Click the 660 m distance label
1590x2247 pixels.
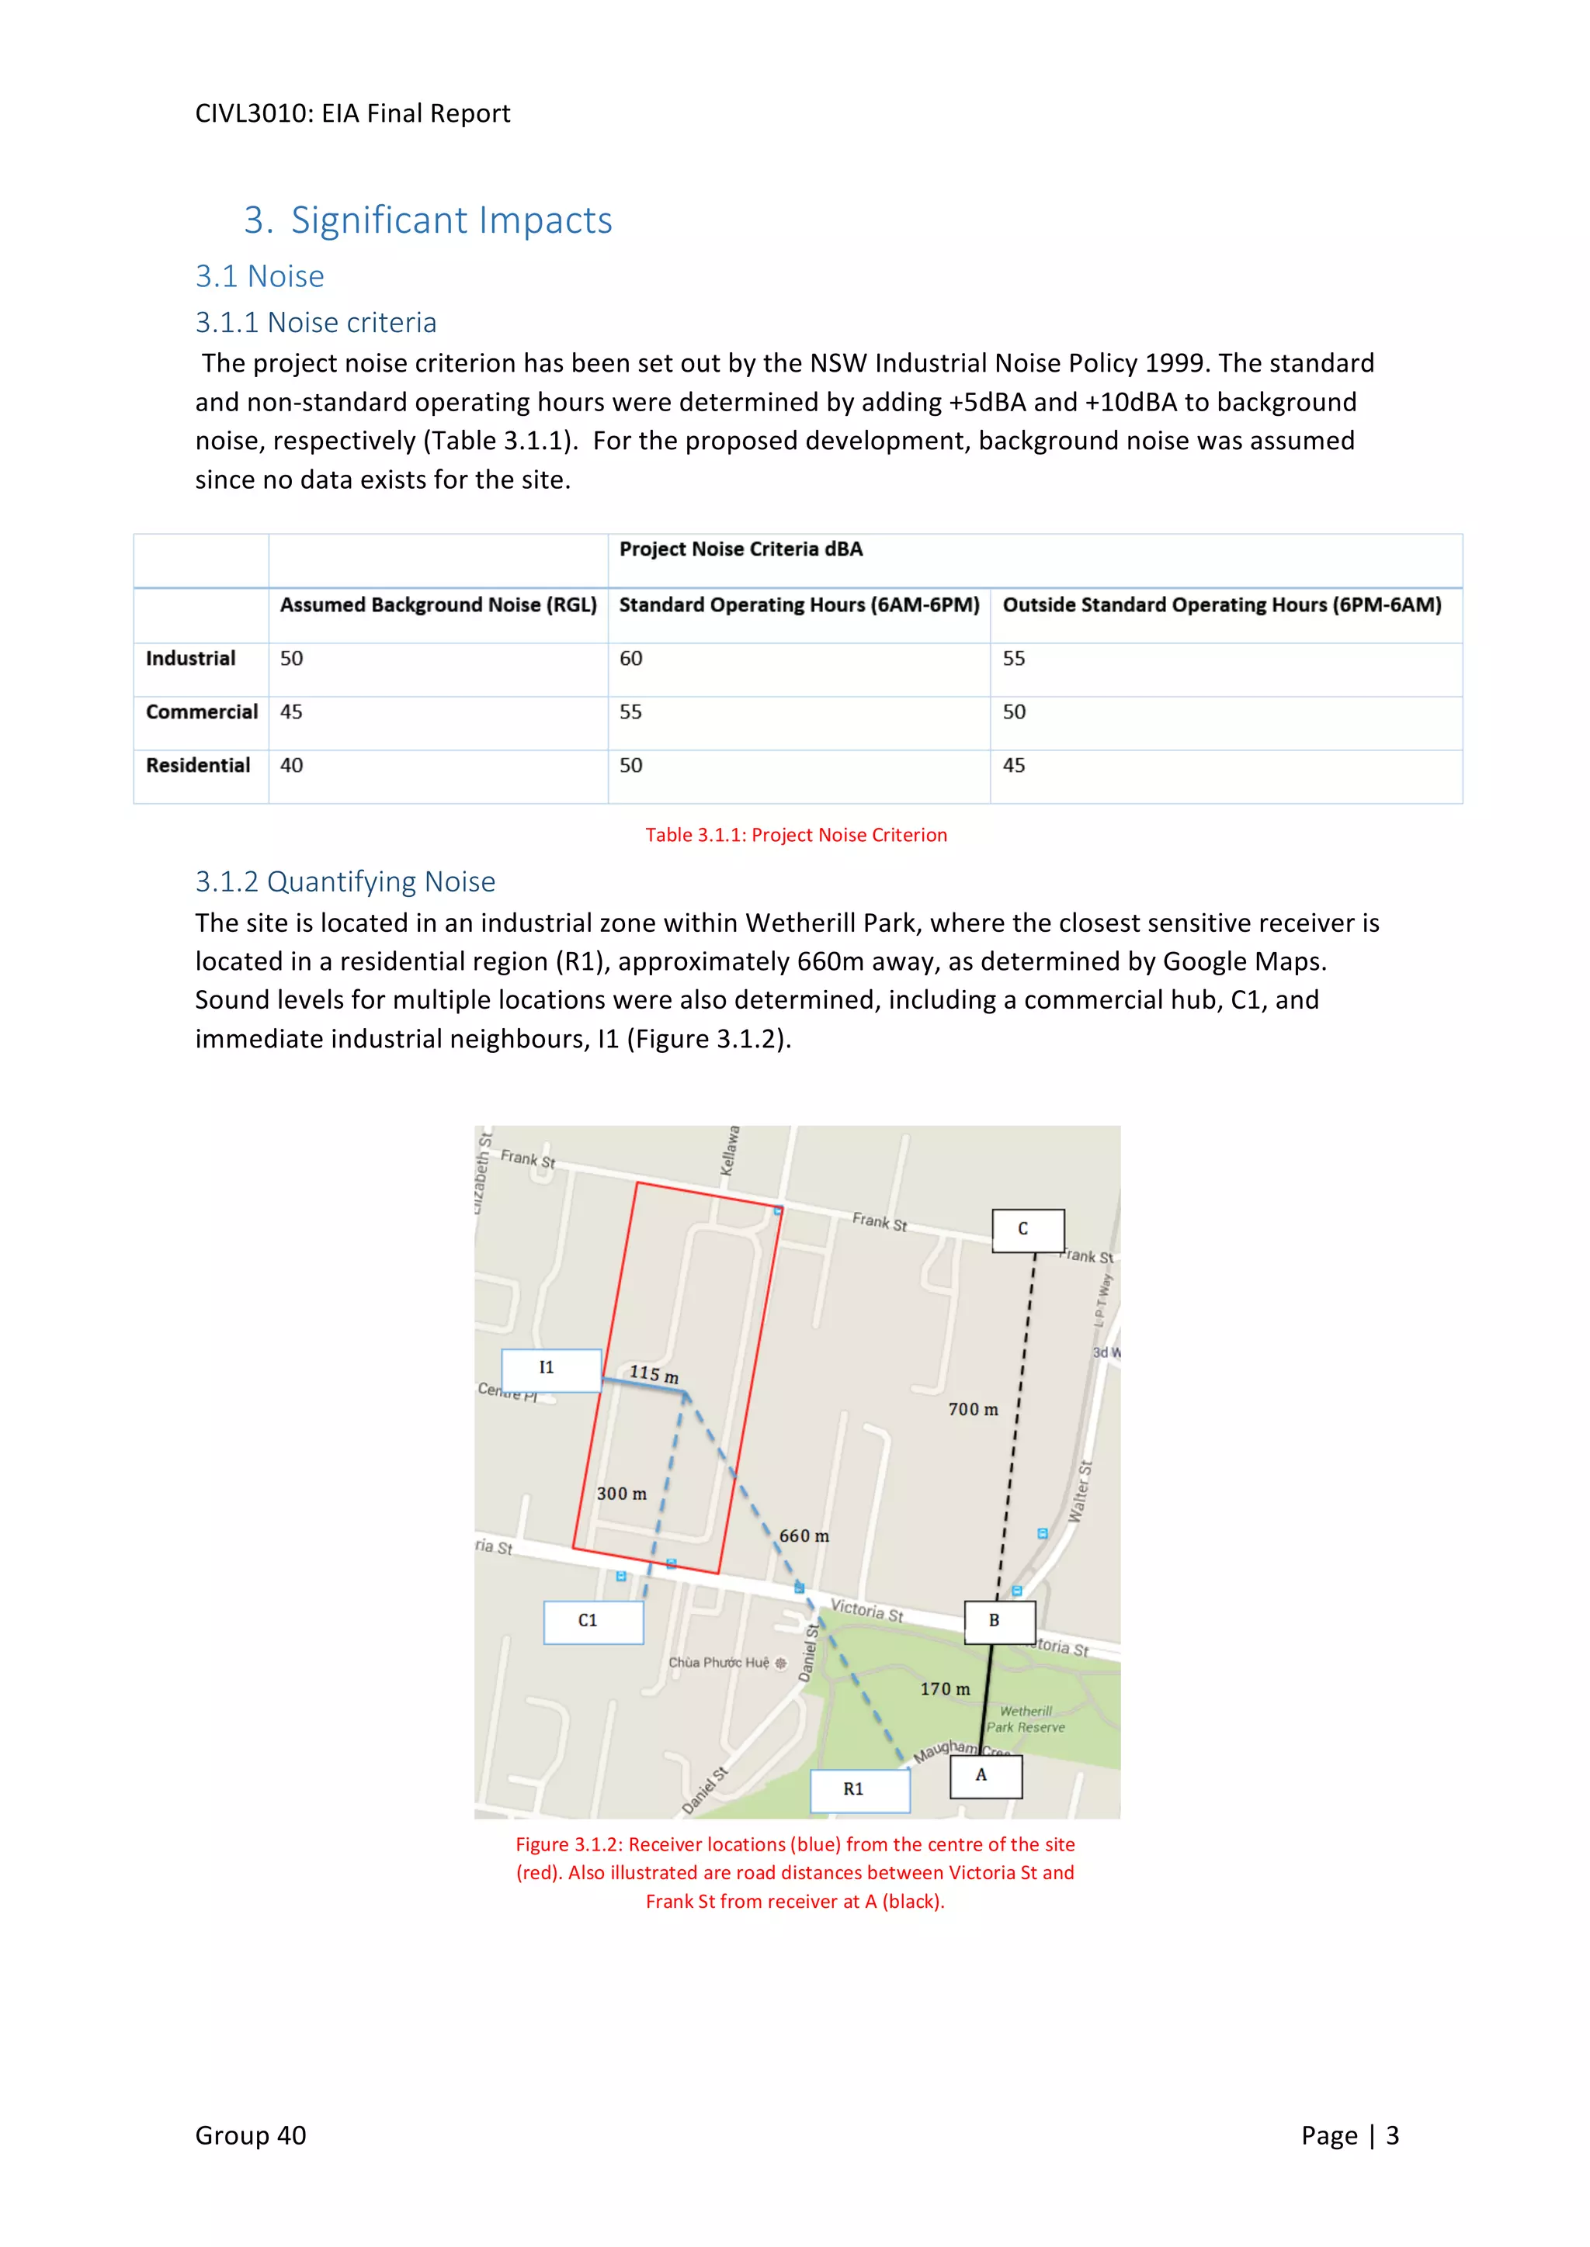804,1536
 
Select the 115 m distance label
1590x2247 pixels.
653,1374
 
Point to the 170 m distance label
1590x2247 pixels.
945,1689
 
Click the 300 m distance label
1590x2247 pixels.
622,1494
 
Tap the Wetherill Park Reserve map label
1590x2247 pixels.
1025,1719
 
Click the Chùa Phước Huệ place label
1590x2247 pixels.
720,1663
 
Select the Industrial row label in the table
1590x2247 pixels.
191,659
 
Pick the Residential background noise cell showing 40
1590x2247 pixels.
292,765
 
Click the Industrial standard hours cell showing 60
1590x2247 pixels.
630,659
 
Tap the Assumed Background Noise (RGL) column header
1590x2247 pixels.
438,604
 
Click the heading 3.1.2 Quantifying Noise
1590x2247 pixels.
345,881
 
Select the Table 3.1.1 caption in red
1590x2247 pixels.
795,835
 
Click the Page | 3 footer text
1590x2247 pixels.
1349,2135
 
